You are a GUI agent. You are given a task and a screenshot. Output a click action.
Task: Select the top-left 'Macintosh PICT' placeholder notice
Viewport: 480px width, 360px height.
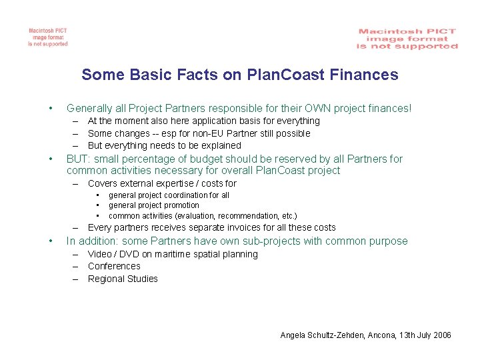[48, 37]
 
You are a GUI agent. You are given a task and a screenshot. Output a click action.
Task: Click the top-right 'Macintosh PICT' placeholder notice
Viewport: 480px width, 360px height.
[407, 39]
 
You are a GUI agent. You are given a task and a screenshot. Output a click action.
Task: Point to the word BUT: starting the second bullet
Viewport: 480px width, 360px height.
[79, 159]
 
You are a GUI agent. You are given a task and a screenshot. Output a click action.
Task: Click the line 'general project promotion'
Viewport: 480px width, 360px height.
[154, 205]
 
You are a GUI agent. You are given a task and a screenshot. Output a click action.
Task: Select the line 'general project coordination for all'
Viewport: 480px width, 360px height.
[169, 195]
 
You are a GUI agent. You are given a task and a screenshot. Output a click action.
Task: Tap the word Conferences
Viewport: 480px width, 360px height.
[114, 266]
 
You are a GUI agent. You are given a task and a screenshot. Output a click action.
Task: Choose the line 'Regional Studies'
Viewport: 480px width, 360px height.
[123, 279]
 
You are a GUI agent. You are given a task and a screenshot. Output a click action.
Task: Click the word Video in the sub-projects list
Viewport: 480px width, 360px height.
[100, 254]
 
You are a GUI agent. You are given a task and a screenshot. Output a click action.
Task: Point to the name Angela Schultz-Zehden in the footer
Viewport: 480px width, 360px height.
[323, 335]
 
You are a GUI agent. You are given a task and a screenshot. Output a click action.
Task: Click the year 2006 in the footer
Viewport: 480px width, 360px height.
[442, 335]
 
